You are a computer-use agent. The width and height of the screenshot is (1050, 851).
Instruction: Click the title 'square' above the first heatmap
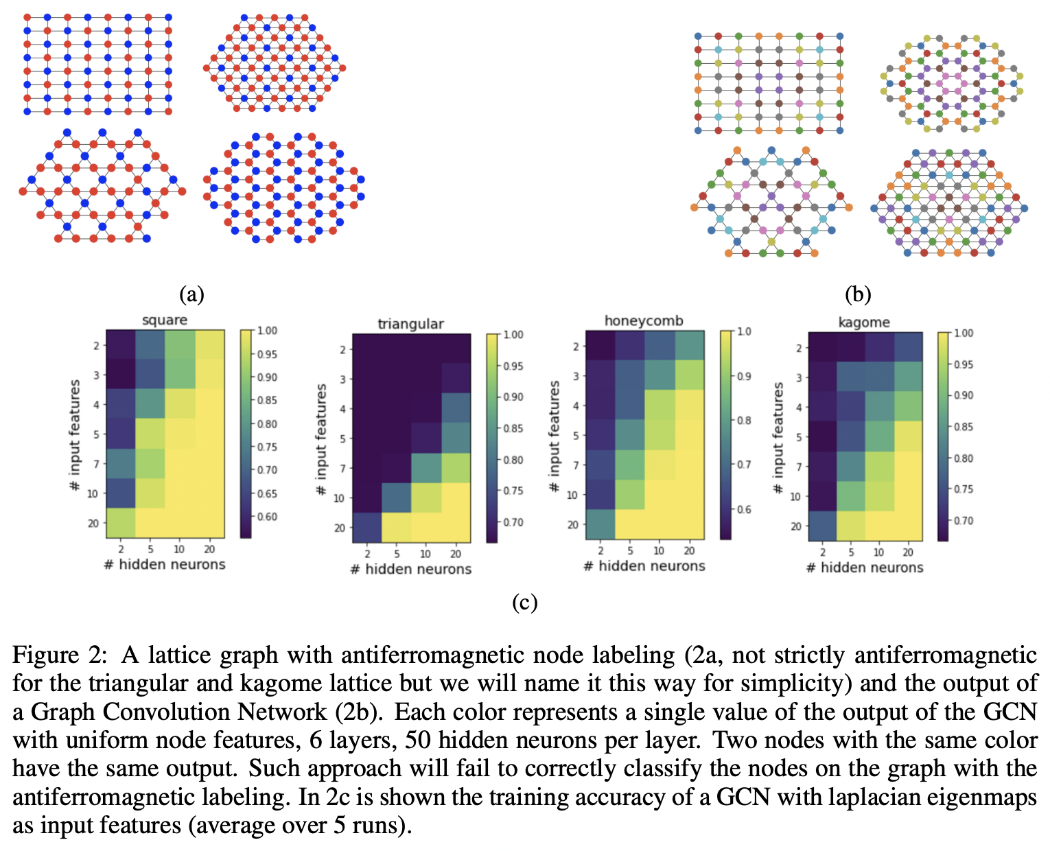164,320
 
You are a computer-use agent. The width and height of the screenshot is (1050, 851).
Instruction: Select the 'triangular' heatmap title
410,324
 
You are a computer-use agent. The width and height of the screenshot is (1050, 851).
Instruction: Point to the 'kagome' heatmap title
864,322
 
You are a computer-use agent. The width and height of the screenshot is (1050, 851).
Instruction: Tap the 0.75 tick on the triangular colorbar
512,491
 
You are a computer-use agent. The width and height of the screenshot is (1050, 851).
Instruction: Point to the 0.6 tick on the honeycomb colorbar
744,509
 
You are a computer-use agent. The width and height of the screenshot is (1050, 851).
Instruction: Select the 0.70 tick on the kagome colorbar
964,521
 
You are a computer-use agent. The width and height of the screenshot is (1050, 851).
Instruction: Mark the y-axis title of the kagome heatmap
778,437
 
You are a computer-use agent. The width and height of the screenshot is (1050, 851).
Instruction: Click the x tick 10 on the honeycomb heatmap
659,550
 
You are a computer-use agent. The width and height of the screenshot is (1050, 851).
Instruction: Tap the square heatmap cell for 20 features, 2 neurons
121,523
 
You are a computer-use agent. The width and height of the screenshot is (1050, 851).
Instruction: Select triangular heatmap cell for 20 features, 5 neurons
396,527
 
